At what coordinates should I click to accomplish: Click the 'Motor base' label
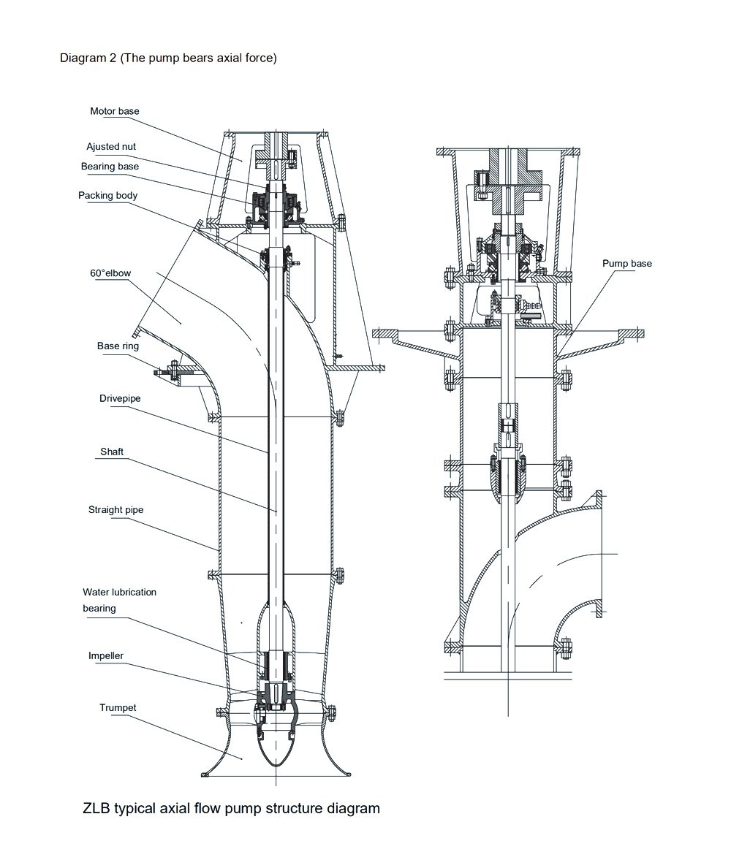tap(114, 111)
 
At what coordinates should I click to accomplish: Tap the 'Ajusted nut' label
tap(111, 147)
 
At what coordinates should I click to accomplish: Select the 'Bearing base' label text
tap(110, 167)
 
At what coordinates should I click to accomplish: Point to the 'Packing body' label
tap(107, 196)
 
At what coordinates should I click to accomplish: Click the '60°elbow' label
tap(110, 273)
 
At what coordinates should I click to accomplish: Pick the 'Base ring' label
tap(118, 346)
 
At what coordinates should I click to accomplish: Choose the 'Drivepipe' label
tap(120, 399)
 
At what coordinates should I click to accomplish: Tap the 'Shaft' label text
tap(112, 452)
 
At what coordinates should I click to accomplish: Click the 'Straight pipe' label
tap(115, 509)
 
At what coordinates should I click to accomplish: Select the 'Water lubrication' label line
tap(119, 592)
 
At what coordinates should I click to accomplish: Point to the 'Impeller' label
tap(106, 656)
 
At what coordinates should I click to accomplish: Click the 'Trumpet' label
tap(118, 707)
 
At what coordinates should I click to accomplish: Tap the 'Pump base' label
tap(626, 263)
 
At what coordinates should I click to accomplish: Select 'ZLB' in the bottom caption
tap(97, 808)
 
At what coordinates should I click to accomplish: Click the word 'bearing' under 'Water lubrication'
tap(99, 609)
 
